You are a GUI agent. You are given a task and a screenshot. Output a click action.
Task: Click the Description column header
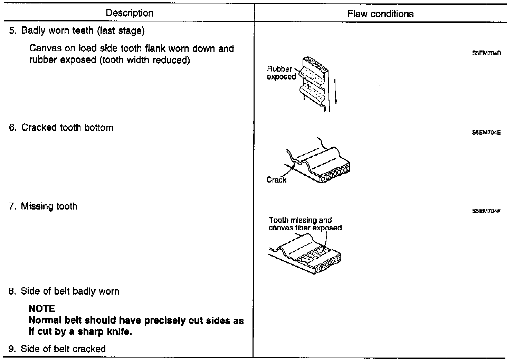click(x=130, y=13)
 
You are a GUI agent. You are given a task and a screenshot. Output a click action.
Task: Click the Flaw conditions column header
click(x=380, y=14)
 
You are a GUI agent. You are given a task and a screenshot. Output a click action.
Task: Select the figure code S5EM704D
click(x=486, y=54)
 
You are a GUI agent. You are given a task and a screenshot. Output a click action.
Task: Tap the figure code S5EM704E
click(x=486, y=133)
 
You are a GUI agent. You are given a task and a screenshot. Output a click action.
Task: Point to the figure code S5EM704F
click(x=486, y=211)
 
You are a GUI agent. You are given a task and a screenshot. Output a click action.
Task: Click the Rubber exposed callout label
click(x=280, y=73)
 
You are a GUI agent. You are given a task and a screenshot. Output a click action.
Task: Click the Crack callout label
click(x=276, y=180)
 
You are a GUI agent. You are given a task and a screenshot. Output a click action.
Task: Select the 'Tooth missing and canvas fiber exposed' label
click(x=305, y=224)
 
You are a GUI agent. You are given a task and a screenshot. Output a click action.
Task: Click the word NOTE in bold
click(x=42, y=308)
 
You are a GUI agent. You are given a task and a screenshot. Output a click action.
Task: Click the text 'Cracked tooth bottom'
click(x=67, y=128)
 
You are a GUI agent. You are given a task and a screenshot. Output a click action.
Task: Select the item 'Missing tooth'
click(x=49, y=206)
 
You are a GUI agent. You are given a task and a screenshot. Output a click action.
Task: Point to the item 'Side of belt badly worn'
click(x=70, y=291)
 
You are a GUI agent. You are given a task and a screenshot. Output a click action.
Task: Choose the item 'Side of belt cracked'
click(x=63, y=349)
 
